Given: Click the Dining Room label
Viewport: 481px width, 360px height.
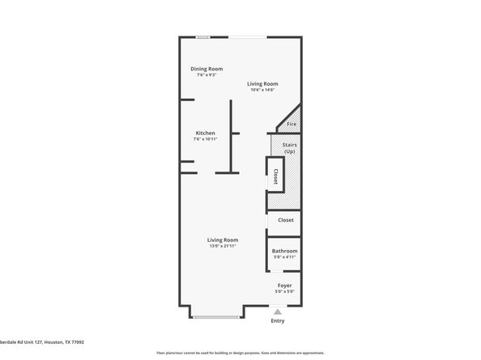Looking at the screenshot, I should (206, 69).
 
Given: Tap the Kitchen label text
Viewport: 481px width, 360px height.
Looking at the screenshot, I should (205, 133).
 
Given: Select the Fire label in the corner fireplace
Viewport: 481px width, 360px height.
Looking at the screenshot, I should (292, 124).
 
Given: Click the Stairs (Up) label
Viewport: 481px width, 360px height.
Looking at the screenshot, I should (289, 148).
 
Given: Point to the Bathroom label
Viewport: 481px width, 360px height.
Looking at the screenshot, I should (284, 251).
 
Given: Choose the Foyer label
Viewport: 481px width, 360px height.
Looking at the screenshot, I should (284, 286).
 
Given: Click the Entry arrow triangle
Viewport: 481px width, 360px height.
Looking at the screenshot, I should (278, 311).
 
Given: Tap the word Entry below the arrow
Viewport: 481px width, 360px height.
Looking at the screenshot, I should (278, 321).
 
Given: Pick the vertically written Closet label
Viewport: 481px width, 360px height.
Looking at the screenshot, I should (275, 176).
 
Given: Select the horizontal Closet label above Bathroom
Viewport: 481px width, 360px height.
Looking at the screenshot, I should (286, 219).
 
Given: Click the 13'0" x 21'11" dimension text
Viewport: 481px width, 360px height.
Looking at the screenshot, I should (222, 246).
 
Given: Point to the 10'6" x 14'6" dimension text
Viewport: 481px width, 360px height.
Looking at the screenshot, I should (263, 90).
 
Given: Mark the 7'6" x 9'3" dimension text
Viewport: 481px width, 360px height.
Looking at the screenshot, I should (206, 75).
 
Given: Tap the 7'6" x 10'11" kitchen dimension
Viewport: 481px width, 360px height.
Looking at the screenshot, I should (205, 139).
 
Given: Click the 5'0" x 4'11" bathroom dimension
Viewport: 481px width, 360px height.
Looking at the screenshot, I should (284, 257).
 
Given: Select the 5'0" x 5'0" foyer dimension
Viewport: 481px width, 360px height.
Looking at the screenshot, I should (284, 292).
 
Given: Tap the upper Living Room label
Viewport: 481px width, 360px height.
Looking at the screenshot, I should (263, 83).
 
